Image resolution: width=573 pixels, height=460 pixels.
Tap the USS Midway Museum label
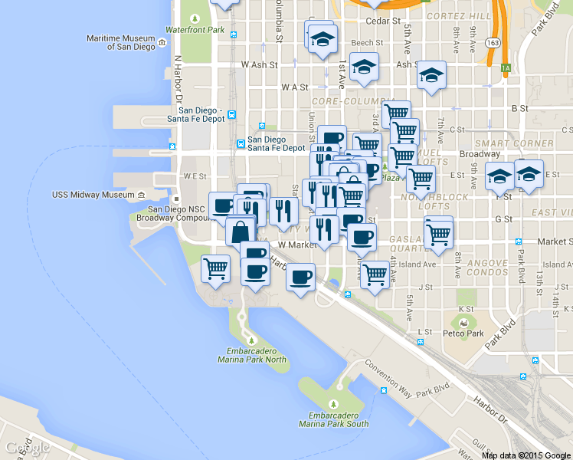pos(93,195)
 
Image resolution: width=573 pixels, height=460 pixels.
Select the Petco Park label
pos(463,333)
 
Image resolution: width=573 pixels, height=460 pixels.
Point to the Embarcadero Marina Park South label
pos(333,419)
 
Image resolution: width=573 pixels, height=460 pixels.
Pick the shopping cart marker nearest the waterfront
pos(216,269)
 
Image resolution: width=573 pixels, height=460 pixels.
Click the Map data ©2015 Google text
pos(526,455)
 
